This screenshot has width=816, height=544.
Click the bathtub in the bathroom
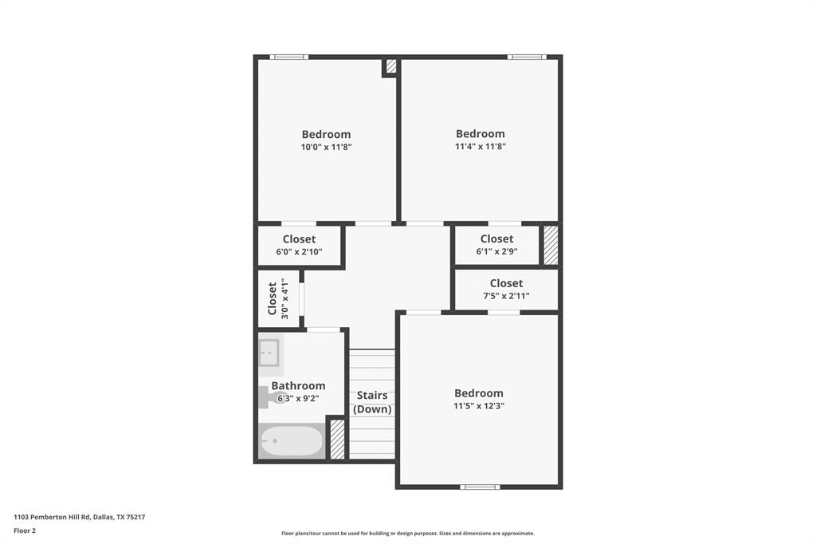pos(291,441)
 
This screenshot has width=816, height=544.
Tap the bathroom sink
pos(269,353)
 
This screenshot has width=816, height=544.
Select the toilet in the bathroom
pos(266,396)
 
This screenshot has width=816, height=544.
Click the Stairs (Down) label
pos(372,402)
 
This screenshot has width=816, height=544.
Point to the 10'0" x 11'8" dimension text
pos(326,147)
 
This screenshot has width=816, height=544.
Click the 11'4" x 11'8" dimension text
pos(481,146)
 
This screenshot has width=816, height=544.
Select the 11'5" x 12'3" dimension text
pos(479,405)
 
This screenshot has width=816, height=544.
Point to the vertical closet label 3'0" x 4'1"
pos(277,298)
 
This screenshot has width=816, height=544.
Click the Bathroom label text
pos(298,385)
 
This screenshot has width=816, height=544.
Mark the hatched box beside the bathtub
pos(337,440)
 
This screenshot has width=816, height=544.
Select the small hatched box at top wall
pos(390,66)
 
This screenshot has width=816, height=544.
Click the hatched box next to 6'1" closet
pos(551,245)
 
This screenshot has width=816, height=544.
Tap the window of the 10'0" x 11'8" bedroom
pos(288,57)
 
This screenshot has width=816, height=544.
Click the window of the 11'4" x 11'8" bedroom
pos(527,57)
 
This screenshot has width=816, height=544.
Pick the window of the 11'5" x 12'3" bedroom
pos(480,487)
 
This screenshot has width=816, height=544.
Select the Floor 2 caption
pos(25,530)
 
